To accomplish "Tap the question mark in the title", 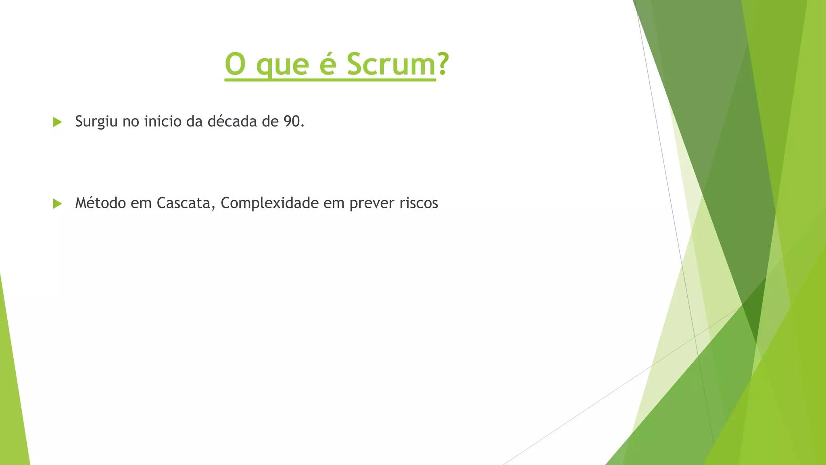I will [443, 64].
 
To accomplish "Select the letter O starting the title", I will [235, 64].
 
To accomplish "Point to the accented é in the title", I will [327, 64].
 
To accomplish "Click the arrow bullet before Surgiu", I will [57, 122].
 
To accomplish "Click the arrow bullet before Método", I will [57, 203].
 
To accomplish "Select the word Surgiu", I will [96, 121].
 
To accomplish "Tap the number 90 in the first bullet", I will [291, 121].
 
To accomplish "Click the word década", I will [232, 121].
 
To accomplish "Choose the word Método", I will [100, 203].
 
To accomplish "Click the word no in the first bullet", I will [131, 121].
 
